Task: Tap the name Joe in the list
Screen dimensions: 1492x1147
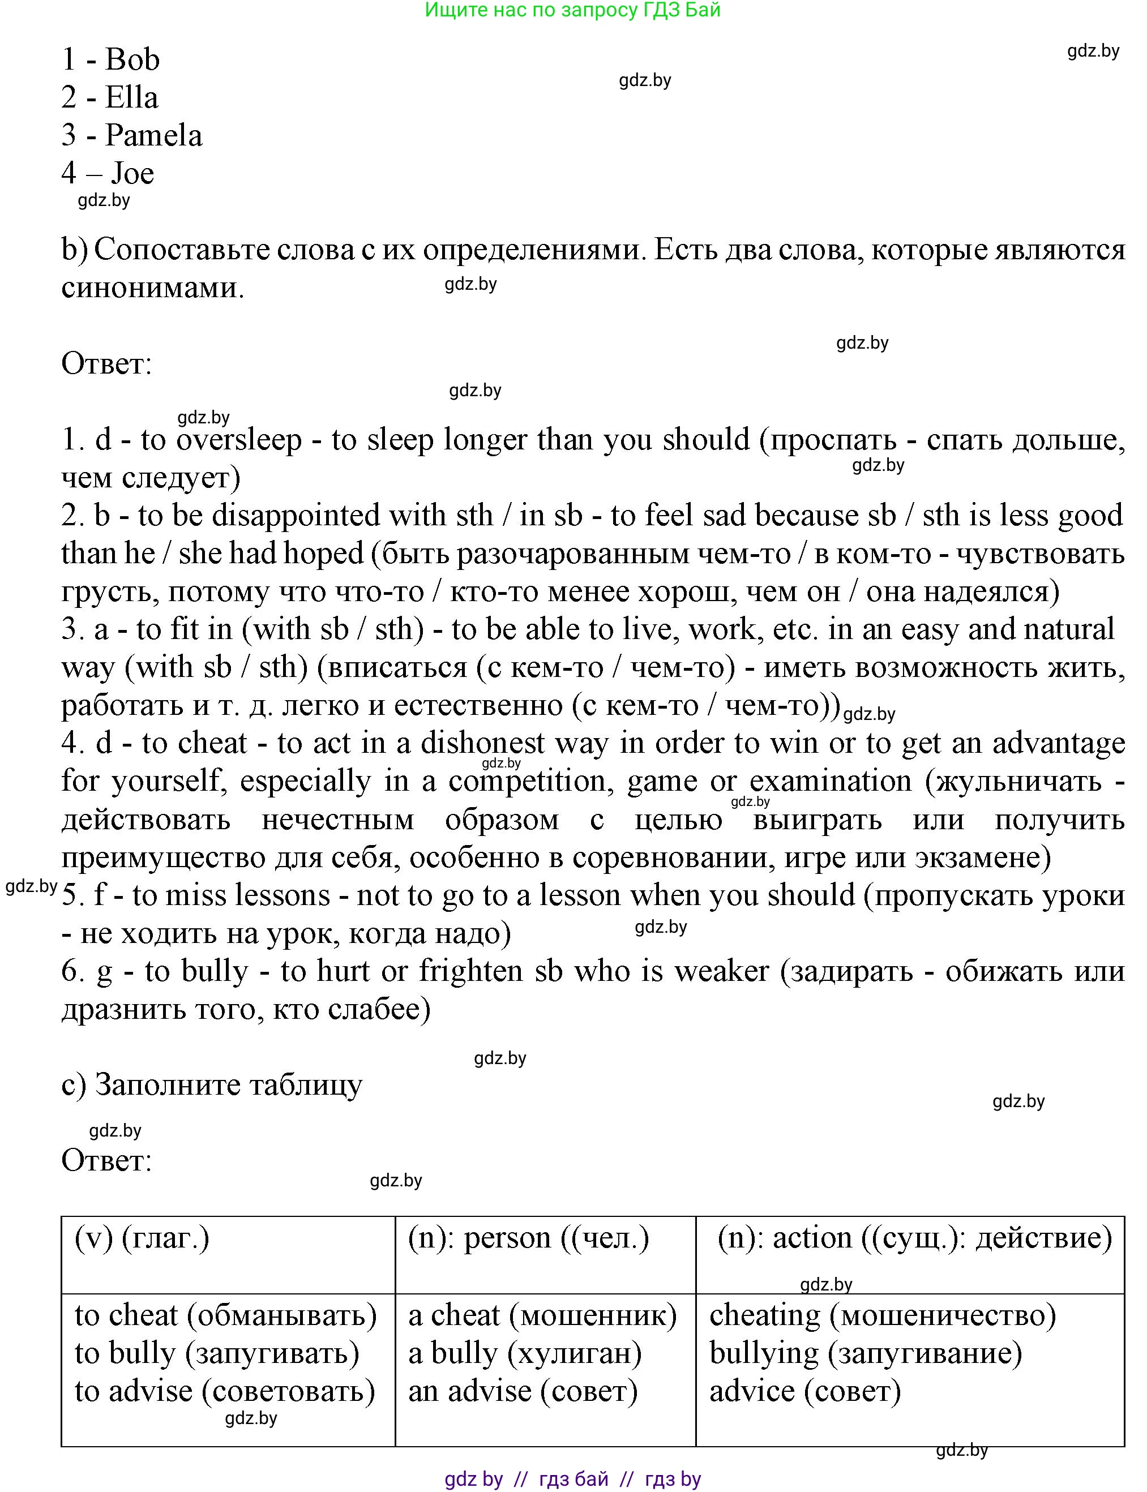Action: pyautogui.click(x=132, y=173)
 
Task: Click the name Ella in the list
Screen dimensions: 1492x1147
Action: pyautogui.click(x=132, y=97)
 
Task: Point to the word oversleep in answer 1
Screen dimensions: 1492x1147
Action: pyautogui.click(x=239, y=440)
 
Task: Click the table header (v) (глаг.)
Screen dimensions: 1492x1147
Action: pyautogui.click(x=142, y=1237)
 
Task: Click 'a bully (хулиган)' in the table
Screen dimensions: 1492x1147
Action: pyautogui.click(x=524, y=1353)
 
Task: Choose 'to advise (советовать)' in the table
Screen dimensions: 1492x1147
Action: pyautogui.click(x=225, y=1391)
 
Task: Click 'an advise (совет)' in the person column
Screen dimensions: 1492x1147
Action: pyautogui.click(x=523, y=1391)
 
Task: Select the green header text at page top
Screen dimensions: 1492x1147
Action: pyautogui.click(x=572, y=10)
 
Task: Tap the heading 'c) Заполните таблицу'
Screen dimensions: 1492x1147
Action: pyautogui.click(x=212, y=1084)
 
